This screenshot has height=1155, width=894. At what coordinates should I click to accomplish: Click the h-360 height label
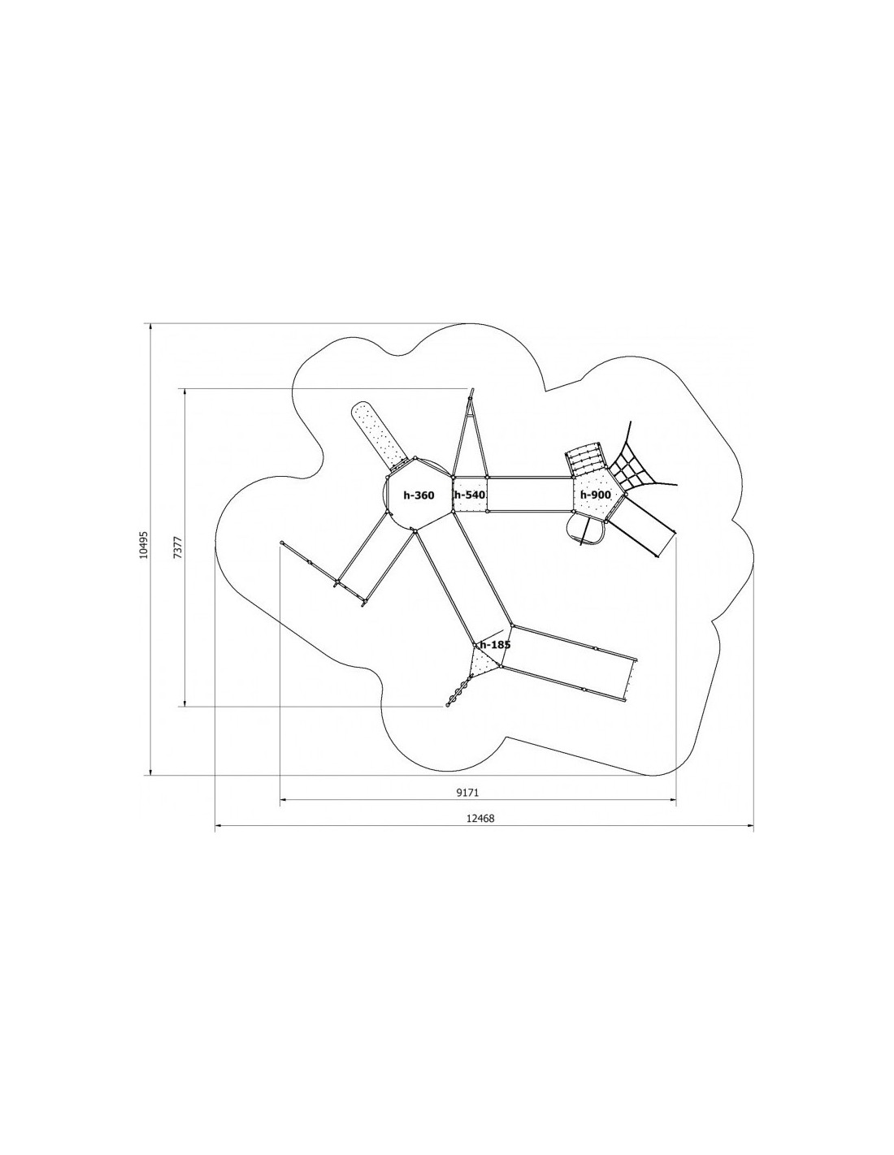point(419,495)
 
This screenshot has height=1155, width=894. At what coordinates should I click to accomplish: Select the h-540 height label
point(470,495)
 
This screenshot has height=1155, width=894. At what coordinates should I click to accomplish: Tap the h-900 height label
point(595,495)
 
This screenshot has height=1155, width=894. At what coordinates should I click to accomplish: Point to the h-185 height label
point(495,645)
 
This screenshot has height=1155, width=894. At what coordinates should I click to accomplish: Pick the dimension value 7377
point(180,547)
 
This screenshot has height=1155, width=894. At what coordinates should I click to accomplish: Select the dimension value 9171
point(468,807)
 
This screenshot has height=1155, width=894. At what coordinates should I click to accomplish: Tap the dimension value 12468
point(480,833)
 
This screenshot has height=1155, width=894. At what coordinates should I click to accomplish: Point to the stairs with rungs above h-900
point(585,458)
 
